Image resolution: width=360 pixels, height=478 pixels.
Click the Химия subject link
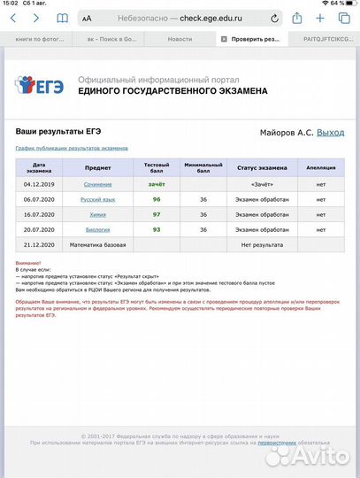pyautogui.click(x=97, y=215)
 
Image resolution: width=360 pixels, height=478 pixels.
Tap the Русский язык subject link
pyautogui.click(x=97, y=200)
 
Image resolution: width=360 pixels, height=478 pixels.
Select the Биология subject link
pyautogui.click(x=97, y=229)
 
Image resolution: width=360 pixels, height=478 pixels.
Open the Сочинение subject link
pyautogui.click(x=97, y=184)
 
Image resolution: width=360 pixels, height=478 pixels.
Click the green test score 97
pyautogui.click(x=157, y=215)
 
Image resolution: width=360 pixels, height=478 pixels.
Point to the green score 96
pyautogui.click(x=157, y=200)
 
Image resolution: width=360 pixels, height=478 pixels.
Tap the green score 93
pyautogui.click(x=157, y=229)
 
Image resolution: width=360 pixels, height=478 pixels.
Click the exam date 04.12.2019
pyautogui.click(x=39, y=184)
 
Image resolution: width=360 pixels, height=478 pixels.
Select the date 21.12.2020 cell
pyautogui.click(x=39, y=243)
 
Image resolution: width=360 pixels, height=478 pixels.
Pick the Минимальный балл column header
pyautogui.click(x=203, y=167)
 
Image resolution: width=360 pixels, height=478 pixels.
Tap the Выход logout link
pyautogui.click(x=330, y=132)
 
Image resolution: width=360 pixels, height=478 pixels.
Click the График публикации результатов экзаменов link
pyautogui.click(x=72, y=148)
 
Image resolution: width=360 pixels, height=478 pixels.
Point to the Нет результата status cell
pyautogui.click(x=262, y=243)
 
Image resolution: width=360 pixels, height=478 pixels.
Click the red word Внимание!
pyautogui.click(x=27, y=263)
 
